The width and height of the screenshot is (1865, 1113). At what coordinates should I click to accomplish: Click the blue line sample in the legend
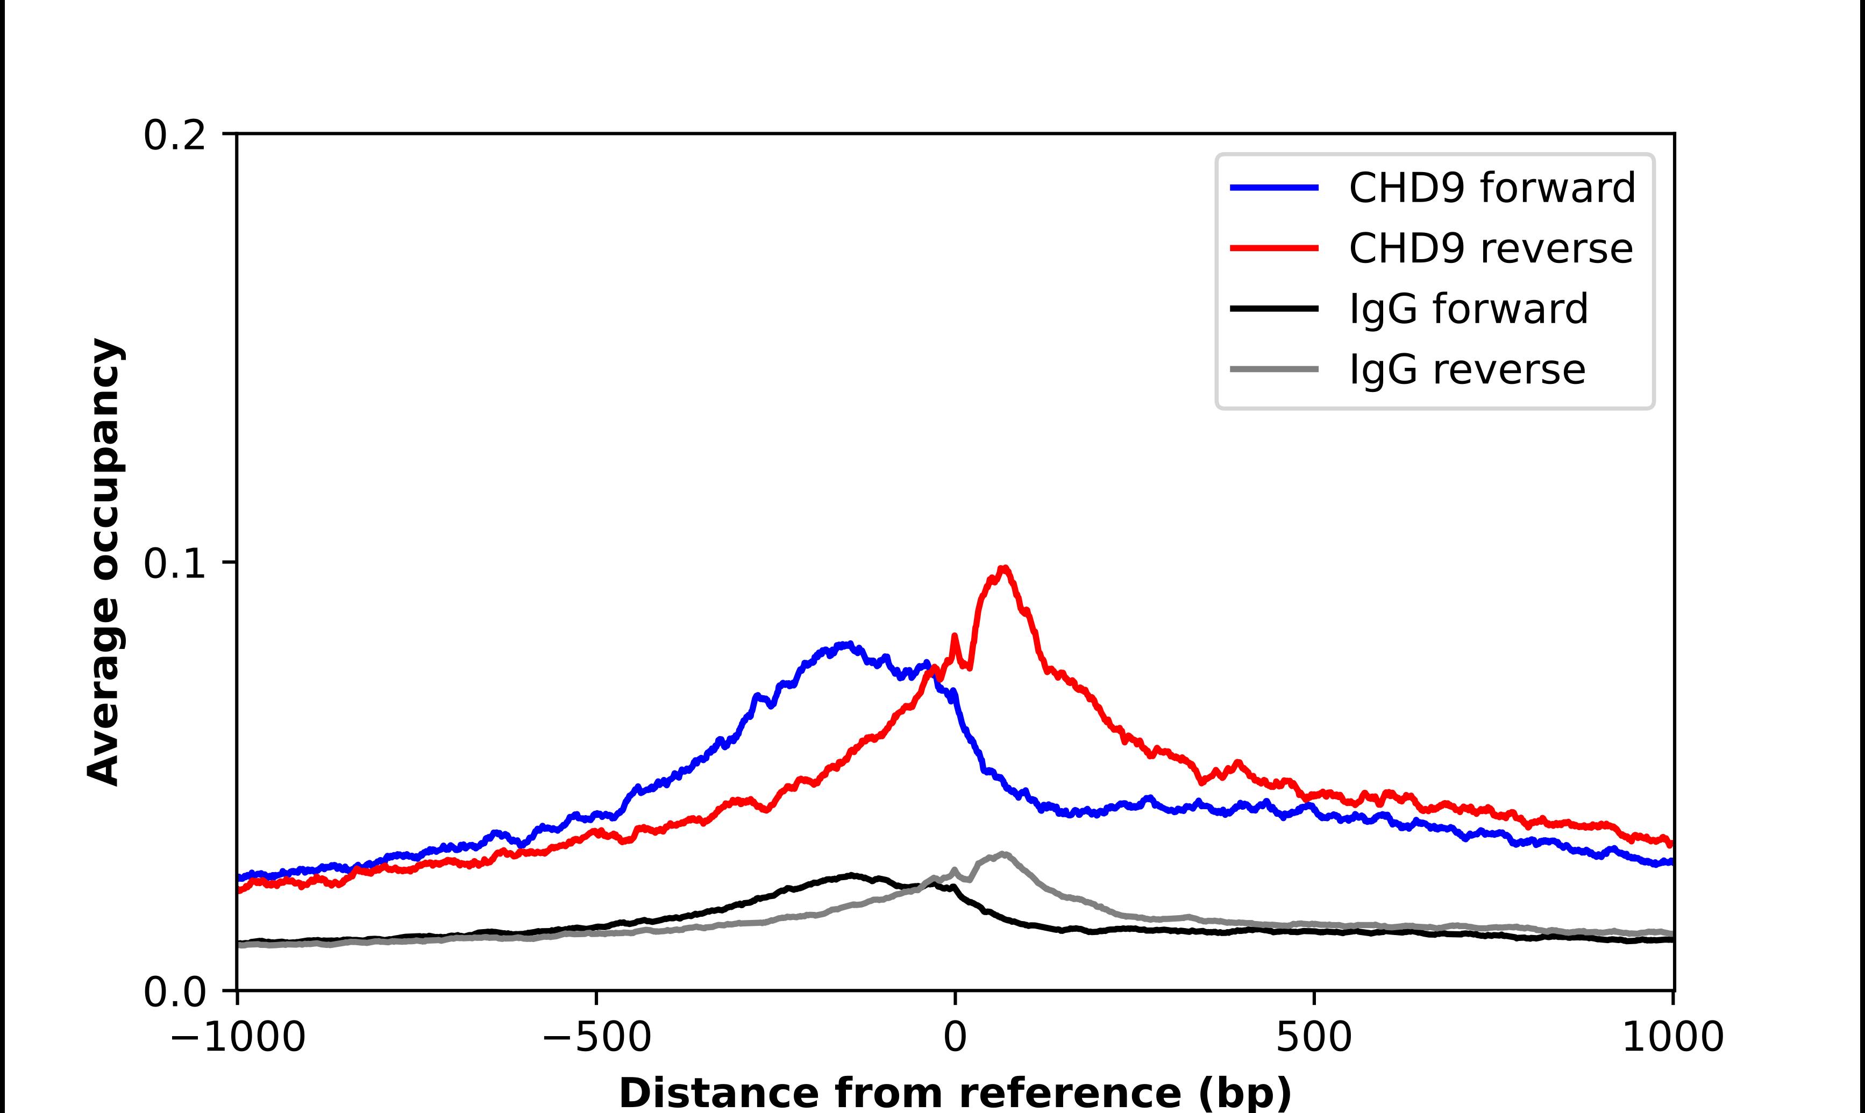point(1274,188)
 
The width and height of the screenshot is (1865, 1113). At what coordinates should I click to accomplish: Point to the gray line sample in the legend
point(1274,369)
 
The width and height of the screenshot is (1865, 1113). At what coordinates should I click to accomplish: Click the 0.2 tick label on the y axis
point(174,135)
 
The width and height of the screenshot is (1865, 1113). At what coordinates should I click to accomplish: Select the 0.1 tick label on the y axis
point(174,564)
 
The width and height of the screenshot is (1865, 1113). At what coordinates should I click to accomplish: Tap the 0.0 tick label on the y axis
point(174,991)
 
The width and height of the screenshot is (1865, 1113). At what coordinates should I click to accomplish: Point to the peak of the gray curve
point(1002,853)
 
